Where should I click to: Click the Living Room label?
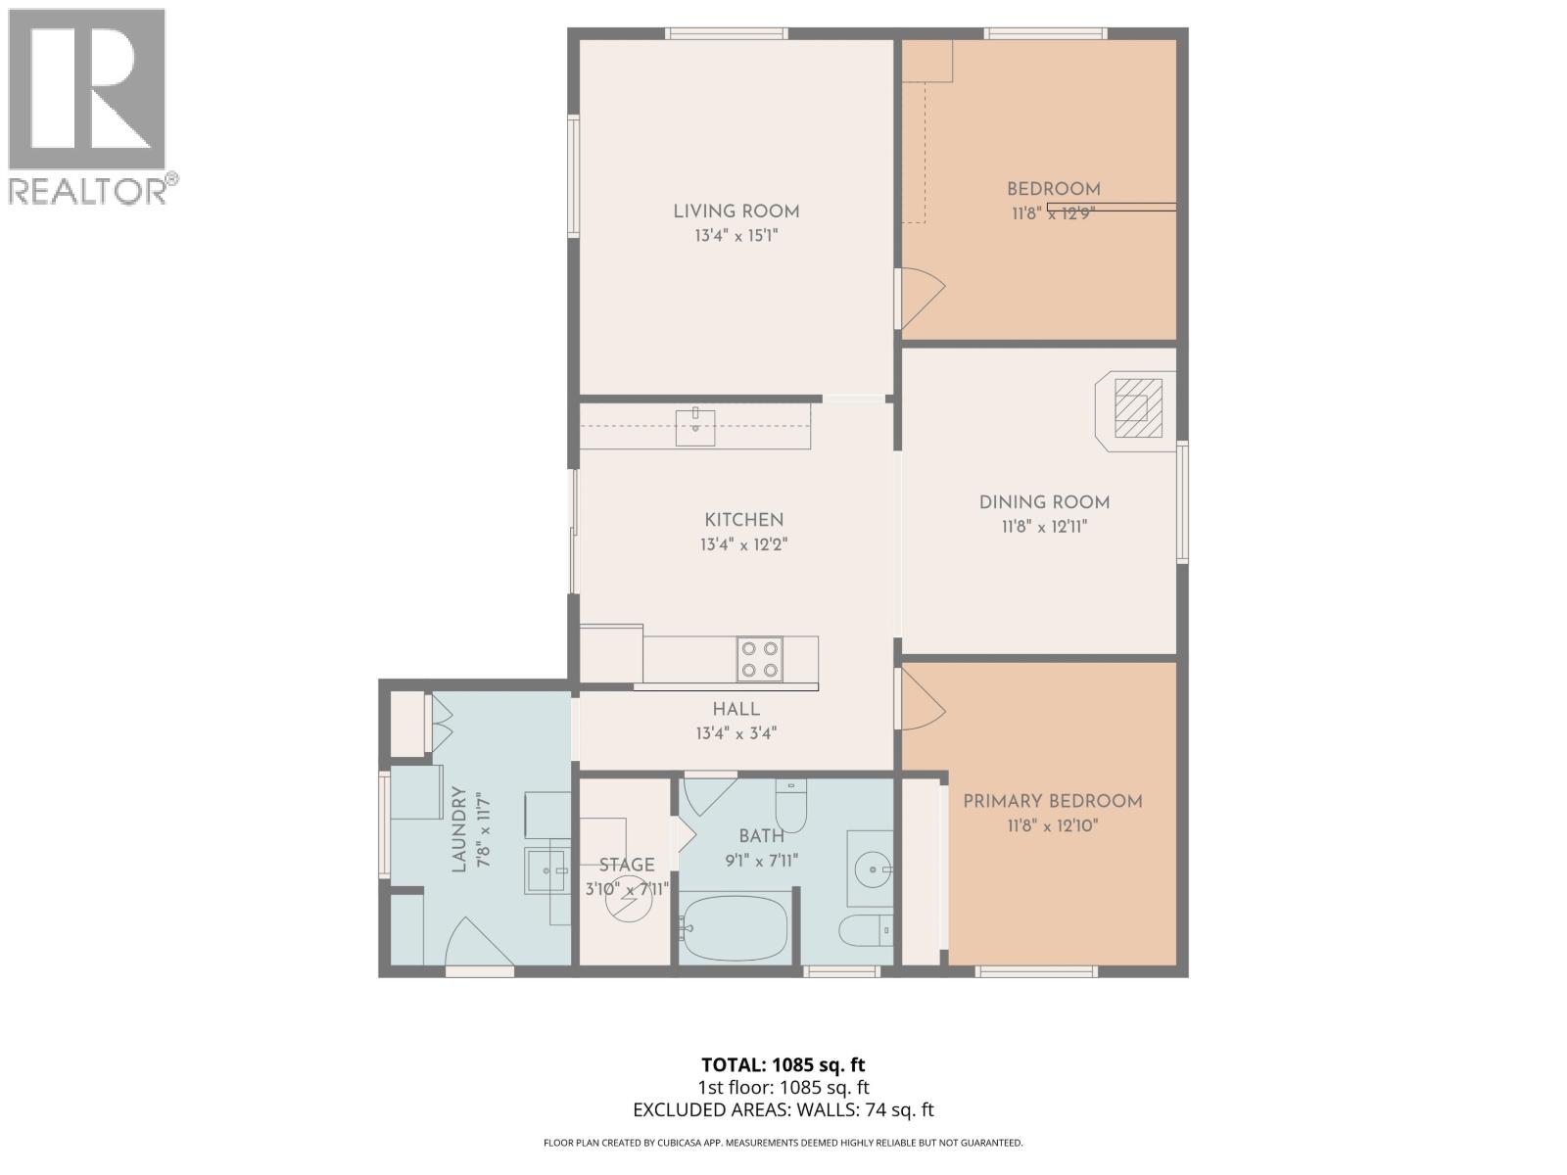click(736, 211)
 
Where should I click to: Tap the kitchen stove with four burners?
click(760, 659)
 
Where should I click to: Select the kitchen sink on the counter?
click(695, 428)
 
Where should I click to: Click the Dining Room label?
click(1044, 502)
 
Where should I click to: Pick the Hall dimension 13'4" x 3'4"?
click(736, 733)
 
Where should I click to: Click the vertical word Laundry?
click(458, 830)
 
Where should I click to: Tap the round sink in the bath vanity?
click(871, 869)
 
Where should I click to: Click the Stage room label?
click(627, 865)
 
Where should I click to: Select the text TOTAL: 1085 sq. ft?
click(783, 1064)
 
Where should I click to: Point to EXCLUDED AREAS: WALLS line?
click(783, 1109)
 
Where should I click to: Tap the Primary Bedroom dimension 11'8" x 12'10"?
click(1052, 825)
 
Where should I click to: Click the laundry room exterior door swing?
click(472, 942)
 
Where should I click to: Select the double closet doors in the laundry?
click(441, 723)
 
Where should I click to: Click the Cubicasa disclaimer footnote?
click(783, 1143)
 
